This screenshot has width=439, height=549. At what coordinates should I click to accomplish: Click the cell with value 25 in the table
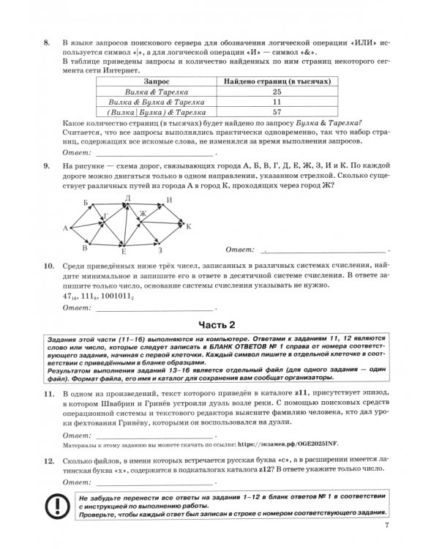click(x=277, y=92)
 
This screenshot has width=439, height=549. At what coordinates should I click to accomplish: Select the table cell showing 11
click(x=277, y=102)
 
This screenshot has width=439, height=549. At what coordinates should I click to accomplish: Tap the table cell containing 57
click(x=277, y=113)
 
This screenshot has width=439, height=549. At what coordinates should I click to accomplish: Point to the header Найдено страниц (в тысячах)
click(x=277, y=81)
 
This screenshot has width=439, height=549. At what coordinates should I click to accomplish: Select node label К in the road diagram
click(x=189, y=227)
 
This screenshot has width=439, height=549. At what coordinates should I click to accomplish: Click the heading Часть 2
click(x=219, y=324)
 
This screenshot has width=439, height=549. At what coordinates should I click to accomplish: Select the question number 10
click(x=48, y=264)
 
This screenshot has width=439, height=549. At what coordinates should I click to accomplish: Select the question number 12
click(x=48, y=462)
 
